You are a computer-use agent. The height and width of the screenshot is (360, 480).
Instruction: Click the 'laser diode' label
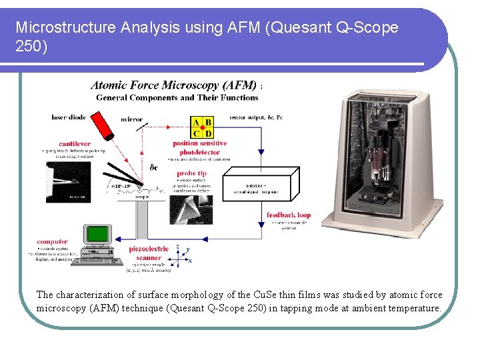[69, 117]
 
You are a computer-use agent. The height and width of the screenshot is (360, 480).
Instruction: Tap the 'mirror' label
[131, 119]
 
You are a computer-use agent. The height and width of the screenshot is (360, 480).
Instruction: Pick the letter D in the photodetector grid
[208, 133]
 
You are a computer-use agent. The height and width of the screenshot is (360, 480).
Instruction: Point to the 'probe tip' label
[192, 173]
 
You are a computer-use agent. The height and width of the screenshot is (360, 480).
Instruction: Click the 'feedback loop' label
[289, 215]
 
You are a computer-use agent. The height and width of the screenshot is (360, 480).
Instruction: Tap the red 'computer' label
[52, 241]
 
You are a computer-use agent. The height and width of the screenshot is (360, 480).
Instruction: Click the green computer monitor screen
[98, 234]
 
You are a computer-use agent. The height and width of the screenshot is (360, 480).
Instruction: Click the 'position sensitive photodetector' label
[200, 147]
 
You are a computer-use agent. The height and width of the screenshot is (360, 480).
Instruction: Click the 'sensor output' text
[248, 117]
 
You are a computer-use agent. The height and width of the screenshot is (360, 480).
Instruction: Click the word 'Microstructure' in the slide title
[57, 27]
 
